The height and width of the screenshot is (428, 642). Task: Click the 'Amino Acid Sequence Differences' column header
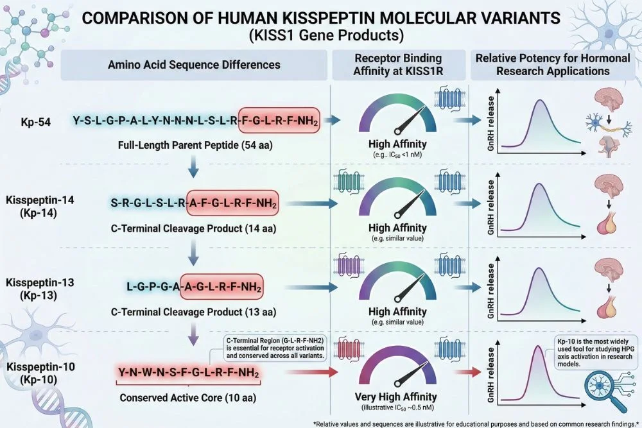click(x=195, y=65)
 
